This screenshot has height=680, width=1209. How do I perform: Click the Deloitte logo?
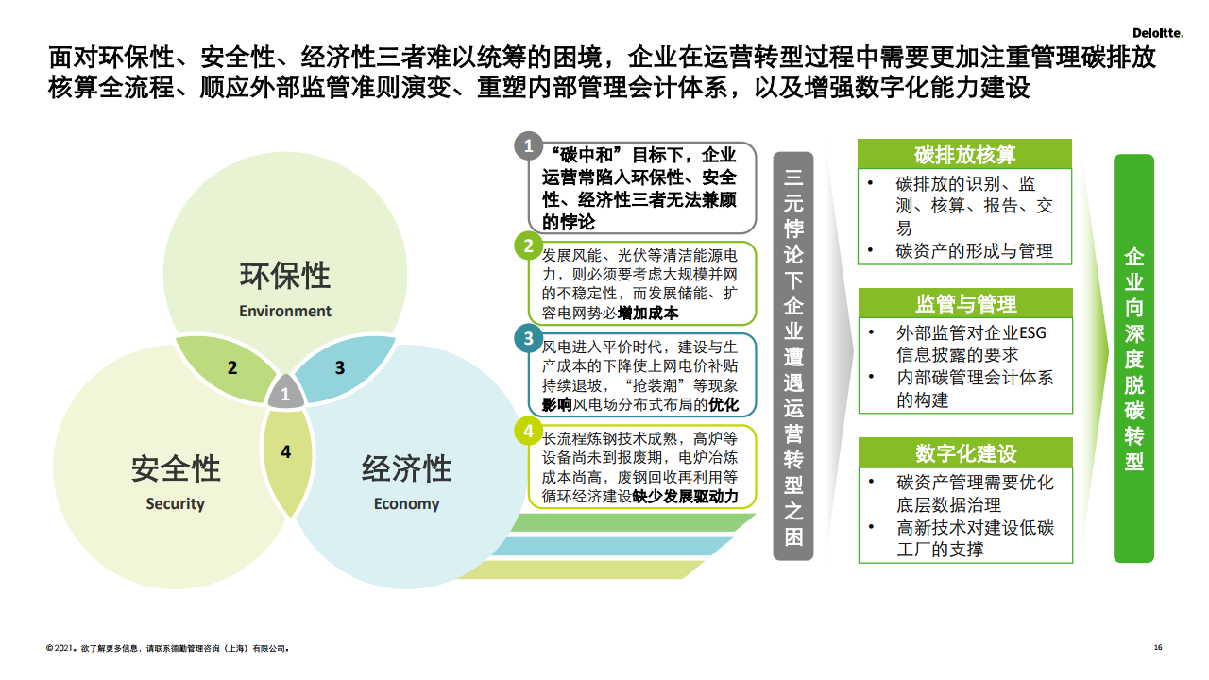[x=1158, y=33]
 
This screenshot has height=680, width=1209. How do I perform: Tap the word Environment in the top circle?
[x=285, y=311]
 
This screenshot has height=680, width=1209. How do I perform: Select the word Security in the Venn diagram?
[x=175, y=503]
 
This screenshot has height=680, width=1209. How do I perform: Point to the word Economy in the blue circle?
[x=406, y=503]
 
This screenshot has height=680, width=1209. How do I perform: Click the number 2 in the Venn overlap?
[x=232, y=367]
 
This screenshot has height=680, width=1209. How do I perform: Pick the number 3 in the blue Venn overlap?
[x=339, y=367]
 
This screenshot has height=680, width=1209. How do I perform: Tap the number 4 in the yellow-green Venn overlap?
[x=285, y=451]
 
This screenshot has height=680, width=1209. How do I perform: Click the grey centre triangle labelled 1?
[x=285, y=392]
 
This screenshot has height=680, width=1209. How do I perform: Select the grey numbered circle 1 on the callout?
[x=528, y=145]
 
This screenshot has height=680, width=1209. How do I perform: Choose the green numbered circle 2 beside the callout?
[x=528, y=246]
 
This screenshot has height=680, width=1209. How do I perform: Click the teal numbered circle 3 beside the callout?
[x=528, y=338]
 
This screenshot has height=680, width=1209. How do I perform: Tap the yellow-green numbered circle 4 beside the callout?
[x=528, y=432]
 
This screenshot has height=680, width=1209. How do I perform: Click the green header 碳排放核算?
[x=964, y=154]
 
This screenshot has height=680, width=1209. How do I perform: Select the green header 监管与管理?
[x=965, y=303]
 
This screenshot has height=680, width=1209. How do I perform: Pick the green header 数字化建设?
[x=965, y=452]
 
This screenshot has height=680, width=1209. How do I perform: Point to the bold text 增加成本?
[x=648, y=313]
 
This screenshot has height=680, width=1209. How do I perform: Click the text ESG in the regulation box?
[x=1032, y=333]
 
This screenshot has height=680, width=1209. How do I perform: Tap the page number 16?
[x=1158, y=647]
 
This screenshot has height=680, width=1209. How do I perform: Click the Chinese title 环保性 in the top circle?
[x=285, y=275]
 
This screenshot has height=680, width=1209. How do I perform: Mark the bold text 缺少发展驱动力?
[x=686, y=496]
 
